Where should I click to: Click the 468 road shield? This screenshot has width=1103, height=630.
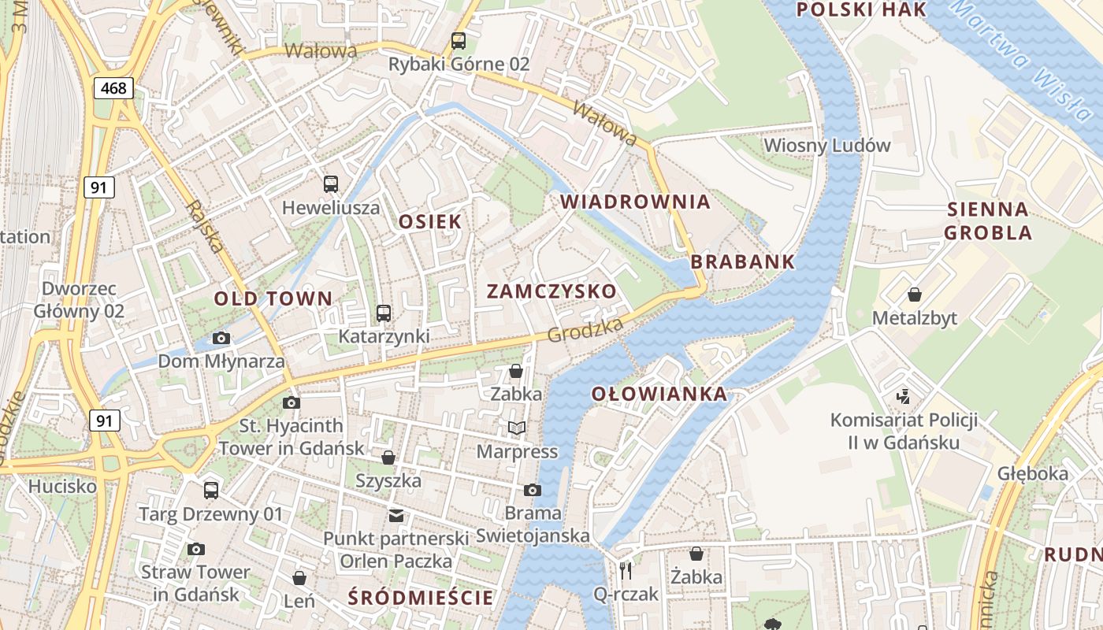pyautogui.click(x=113, y=88)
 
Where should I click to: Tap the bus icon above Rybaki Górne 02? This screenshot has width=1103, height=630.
pyautogui.click(x=458, y=40)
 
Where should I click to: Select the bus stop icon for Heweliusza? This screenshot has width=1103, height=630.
pyautogui.click(x=331, y=184)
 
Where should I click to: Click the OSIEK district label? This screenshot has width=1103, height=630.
pyautogui.click(x=429, y=222)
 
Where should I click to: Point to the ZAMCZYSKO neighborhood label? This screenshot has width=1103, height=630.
pyautogui.click(x=551, y=291)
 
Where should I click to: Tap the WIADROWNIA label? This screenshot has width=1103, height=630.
pyautogui.click(x=635, y=202)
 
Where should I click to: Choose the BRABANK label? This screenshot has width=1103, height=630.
pyautogui.click(x=743, y=262)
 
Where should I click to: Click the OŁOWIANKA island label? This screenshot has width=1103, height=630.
pyautogui.click(x=659, y=394)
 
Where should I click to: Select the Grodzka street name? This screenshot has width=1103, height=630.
pyautogui.click(x=585, y=331)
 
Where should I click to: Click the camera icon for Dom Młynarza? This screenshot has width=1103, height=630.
pyautogui.click(x=221, y=338)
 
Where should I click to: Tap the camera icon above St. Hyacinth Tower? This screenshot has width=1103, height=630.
pyautogui.click(x=292, y=402)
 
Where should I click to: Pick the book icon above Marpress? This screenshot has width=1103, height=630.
pyautogui.click(x=516, y=428)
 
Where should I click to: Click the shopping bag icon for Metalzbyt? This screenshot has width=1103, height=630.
pyautogui.click(x=914, y=295)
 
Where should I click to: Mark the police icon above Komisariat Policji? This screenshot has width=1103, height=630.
pyautogui.click(x=904, y=395)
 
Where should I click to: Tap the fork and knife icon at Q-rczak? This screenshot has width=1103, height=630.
pyautogui.click(x=626, y=569)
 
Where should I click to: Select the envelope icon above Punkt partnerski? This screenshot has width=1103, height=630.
pyautogui.click(x=396, y=516)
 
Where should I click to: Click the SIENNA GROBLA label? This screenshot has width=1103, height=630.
pyautogui.click(x=988, y=220)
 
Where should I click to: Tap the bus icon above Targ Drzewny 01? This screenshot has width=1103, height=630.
pyautogui.click(x=210, y=490)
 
